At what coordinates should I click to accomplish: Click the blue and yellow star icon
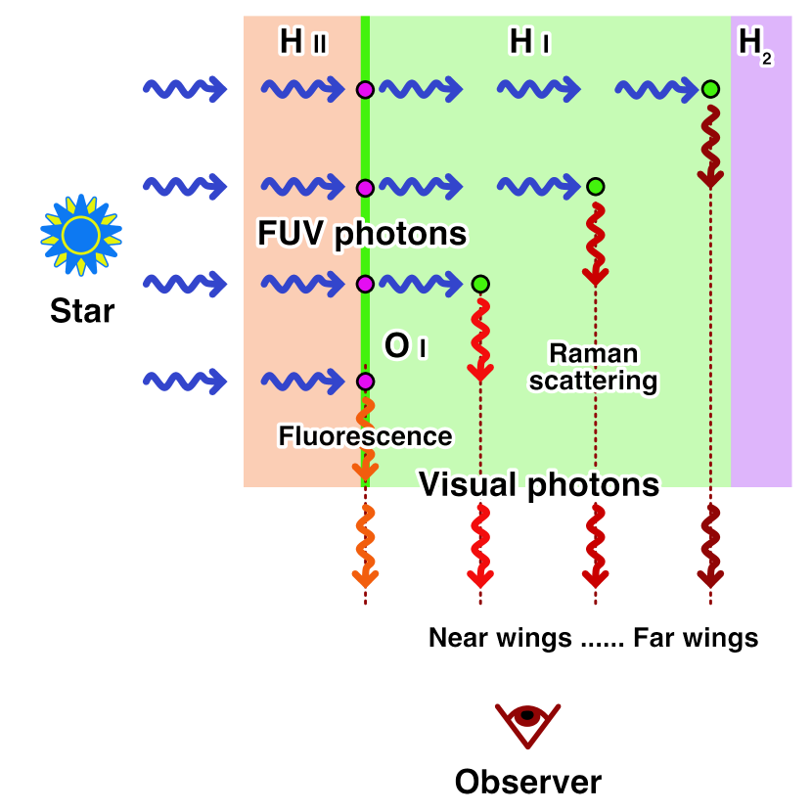81,235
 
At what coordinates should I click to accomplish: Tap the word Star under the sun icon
82,311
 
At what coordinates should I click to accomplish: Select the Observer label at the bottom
527,782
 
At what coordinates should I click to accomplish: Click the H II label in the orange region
303,42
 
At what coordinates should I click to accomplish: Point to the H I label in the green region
529,42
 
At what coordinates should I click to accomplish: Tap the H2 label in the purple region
754,44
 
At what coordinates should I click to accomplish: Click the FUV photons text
362,234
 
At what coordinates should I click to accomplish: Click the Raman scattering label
593,367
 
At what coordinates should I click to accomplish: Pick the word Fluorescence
365,436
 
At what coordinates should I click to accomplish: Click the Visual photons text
539,484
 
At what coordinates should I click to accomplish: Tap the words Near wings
500,638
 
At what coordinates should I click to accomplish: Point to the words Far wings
696,638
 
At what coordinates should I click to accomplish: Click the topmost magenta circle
365,90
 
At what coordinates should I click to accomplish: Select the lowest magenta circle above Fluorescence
365,382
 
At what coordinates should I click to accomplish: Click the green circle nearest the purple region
710,90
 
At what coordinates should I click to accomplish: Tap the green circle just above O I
480,285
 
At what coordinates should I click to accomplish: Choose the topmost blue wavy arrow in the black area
185,90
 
